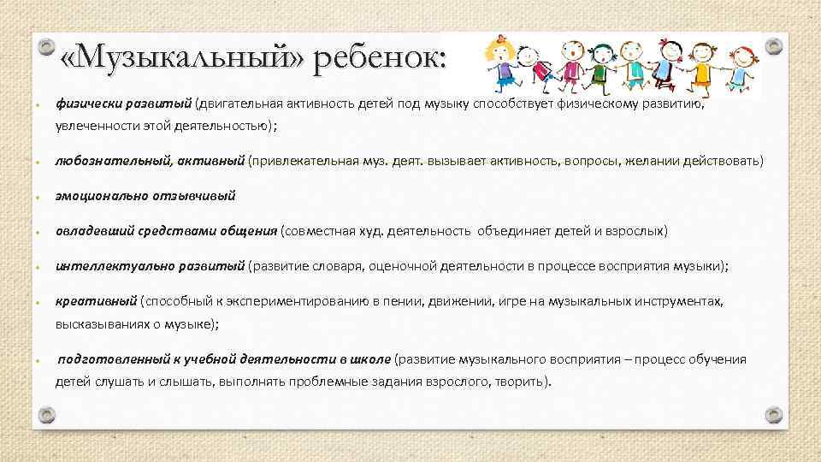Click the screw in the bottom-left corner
click(x=48, y=415)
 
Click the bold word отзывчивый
click(x=193, y=196)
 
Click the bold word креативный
click(x=96, y=301)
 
